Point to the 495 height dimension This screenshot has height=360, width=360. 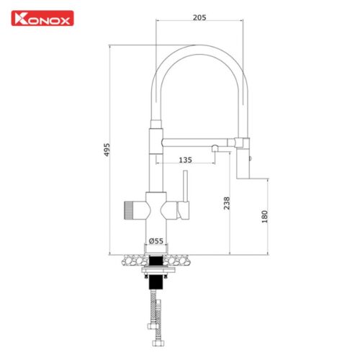107,149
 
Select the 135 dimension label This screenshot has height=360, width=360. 184,160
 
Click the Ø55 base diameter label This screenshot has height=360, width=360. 155,240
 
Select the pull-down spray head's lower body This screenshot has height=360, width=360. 243,166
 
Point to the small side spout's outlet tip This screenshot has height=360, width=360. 214,149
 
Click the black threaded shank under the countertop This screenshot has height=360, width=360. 156,260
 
